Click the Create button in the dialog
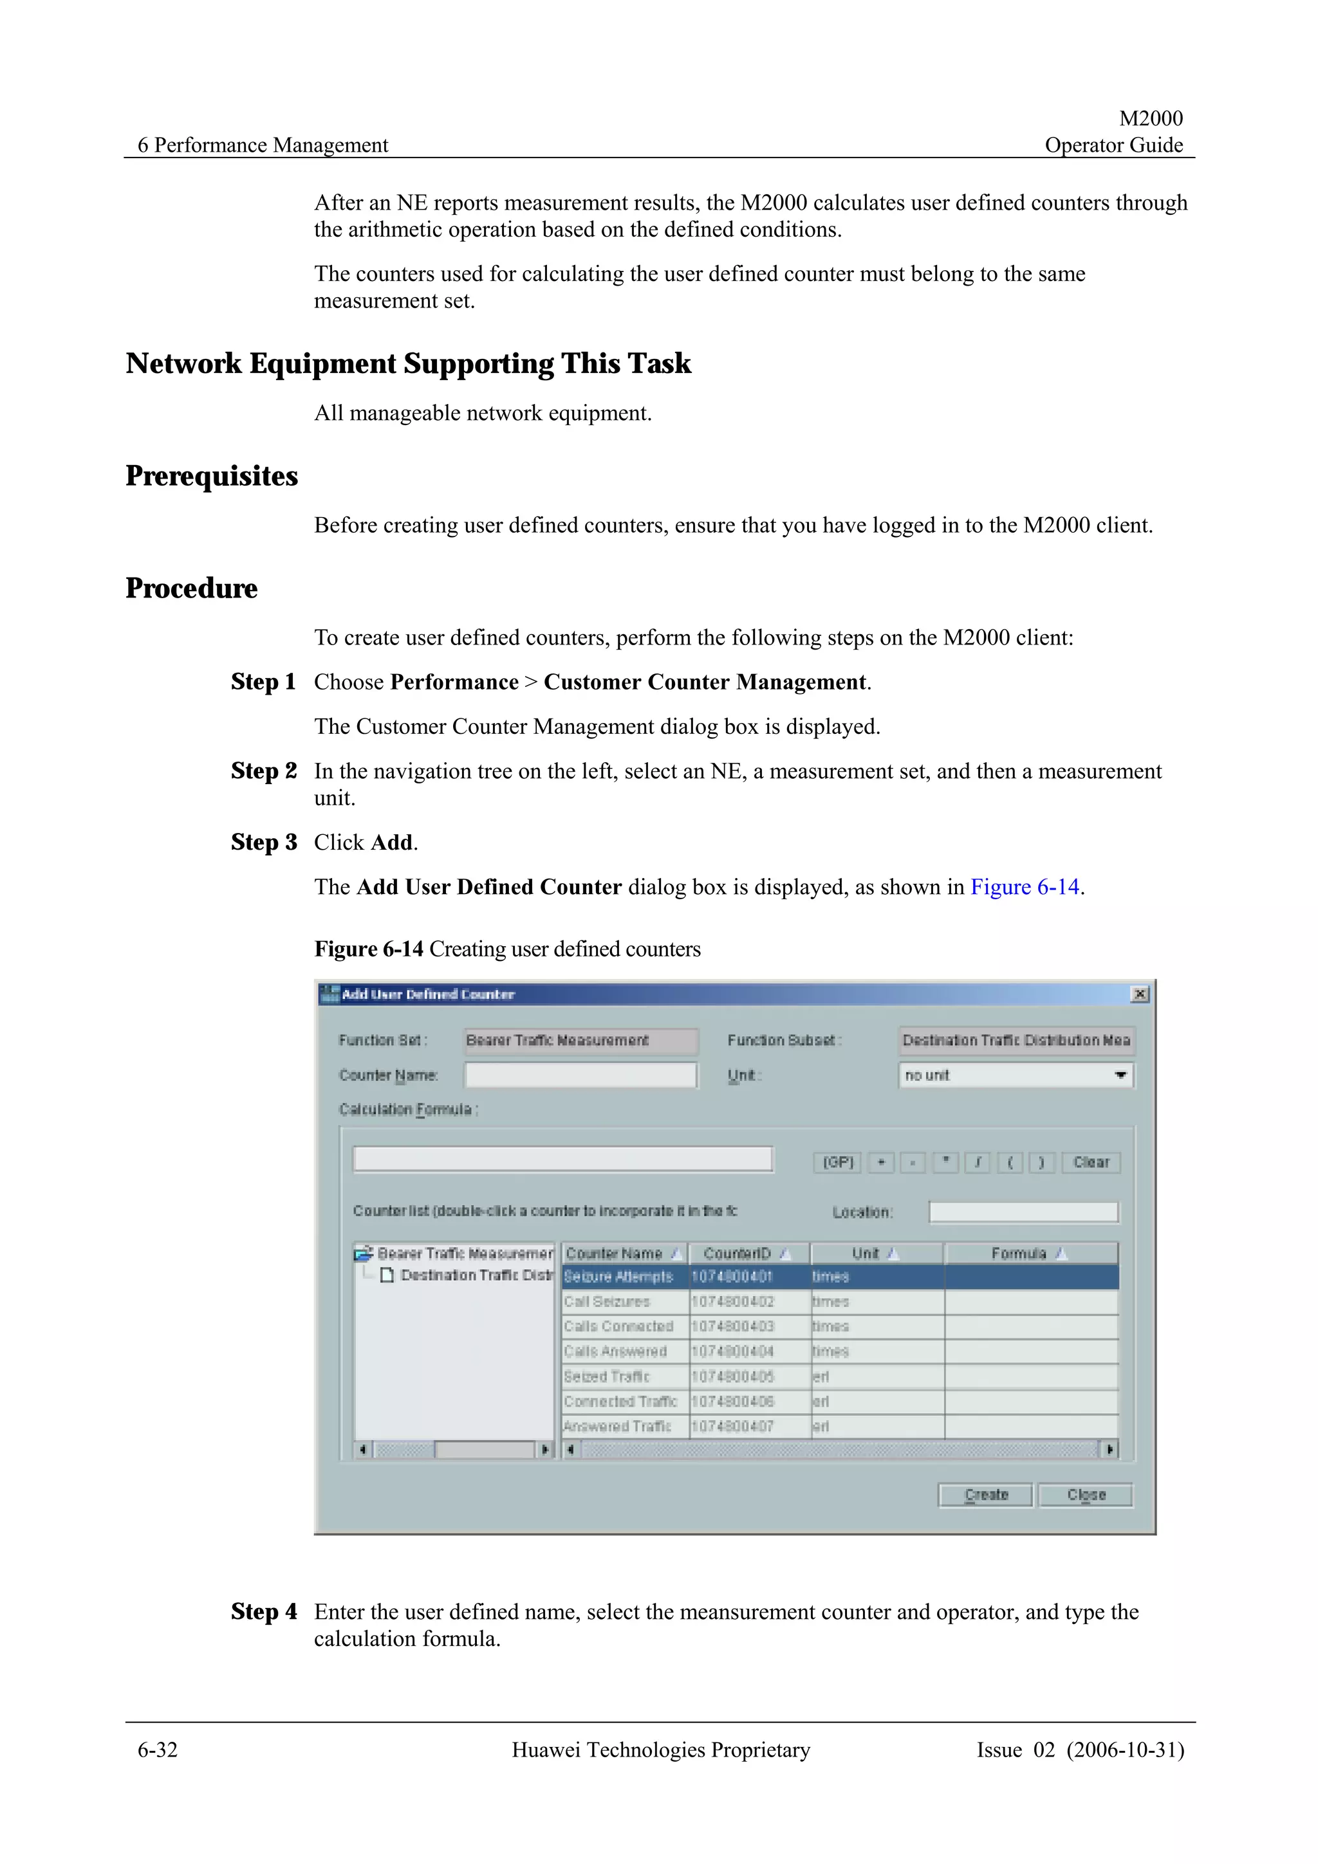point(985,1495)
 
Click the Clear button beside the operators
point(1091,1162)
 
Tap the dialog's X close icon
point(1139,994)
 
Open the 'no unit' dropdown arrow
point(1120,1075)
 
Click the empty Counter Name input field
point(580,1075)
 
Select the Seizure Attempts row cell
point(619,1277)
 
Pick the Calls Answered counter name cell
point(615,1352)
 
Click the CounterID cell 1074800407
point(732,1427)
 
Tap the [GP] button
point(838,1162)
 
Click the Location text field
point(1023,1212)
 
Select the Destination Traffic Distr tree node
point(476,1275)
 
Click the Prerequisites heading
point(212,476)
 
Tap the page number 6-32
point(158,1750)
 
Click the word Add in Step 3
point(391,843)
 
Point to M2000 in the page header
point(1150,118)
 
